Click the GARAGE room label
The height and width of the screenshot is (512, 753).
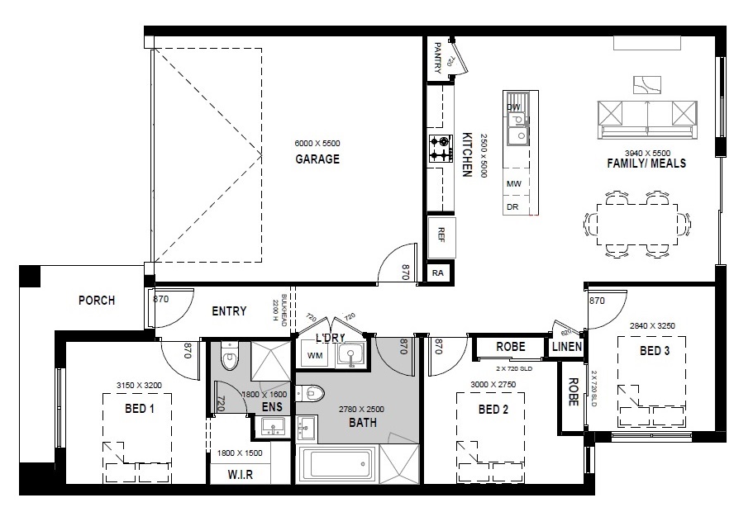[317, 159]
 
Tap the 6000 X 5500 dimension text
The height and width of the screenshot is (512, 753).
[317, 143]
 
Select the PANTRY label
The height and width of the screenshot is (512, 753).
[437, 58]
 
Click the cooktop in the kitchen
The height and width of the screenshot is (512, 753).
[441, 149]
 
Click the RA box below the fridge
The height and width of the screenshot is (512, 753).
[438, 273]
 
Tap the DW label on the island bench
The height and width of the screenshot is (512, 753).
[513, 107]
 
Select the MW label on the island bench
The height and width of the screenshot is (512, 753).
[513, 183]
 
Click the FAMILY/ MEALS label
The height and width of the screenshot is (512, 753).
[646, 164]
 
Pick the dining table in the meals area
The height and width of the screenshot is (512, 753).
[637, 225]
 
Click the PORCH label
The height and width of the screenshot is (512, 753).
[97, 301]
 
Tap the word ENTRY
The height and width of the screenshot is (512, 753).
[229, 311]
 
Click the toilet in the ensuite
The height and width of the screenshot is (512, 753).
[230, 356]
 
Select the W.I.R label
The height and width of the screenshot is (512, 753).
[240, 475]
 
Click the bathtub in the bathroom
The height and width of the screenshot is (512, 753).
[336, 463]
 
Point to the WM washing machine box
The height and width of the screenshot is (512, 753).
[315, 356]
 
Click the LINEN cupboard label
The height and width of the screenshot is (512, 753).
[567, 347]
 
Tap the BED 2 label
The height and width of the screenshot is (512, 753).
[493, 410]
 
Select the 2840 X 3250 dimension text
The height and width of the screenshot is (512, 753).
[652, 326]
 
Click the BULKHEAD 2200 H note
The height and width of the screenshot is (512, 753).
[279, 310]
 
